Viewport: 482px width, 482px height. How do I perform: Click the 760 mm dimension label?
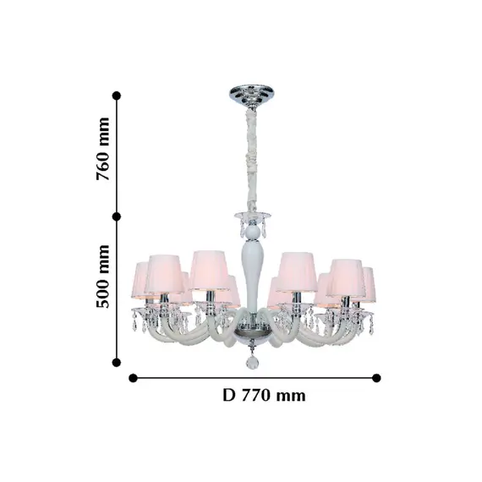102,149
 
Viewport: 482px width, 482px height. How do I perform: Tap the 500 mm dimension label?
102,277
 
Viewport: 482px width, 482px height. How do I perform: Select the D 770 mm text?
264,395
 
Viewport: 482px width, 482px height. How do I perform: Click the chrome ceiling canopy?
252,95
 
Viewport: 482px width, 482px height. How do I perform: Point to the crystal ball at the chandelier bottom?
252,363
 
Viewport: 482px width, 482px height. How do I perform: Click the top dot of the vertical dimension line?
117,96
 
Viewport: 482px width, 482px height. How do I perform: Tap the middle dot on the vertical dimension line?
117,217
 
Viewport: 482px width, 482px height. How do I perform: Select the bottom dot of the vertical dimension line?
117,363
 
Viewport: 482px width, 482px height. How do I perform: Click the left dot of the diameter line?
133,378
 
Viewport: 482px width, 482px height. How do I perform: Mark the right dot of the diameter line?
376,378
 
